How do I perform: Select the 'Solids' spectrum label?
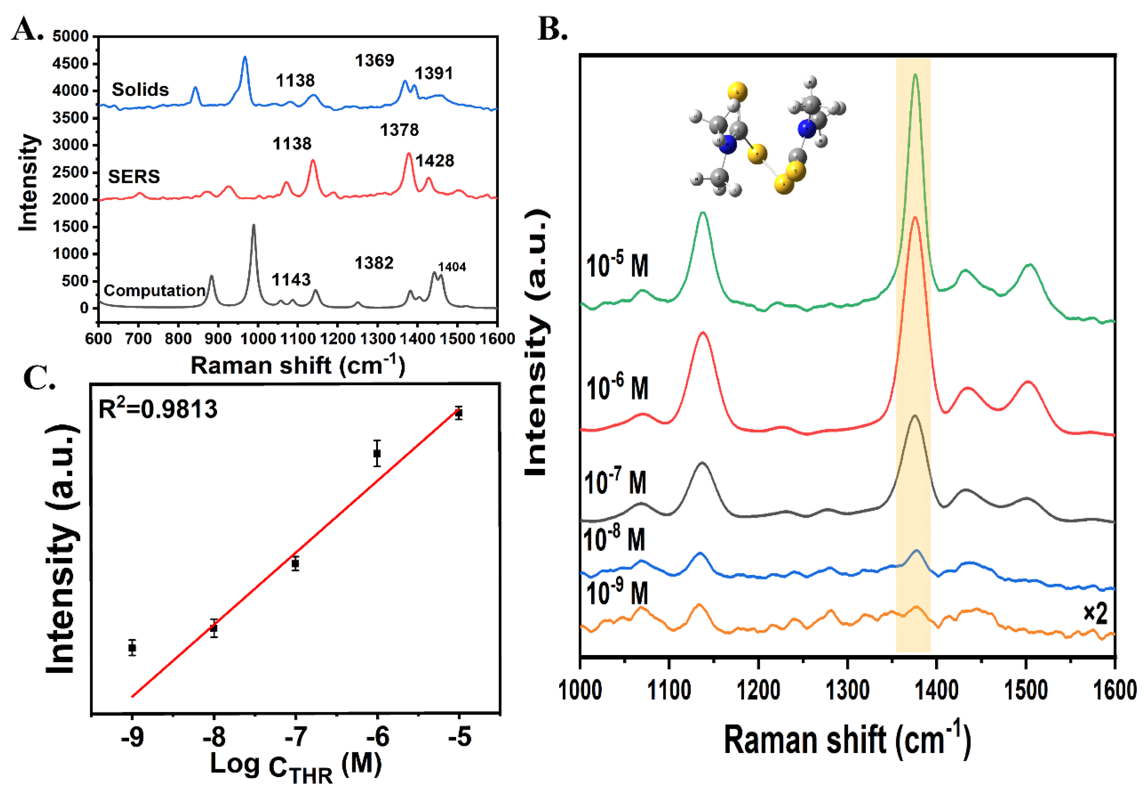click(140, 90)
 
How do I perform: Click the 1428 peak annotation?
click(435, 161)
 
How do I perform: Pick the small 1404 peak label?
click(452, 267)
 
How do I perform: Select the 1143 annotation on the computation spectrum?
click(291, 279)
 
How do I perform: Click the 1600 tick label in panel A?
click(497, 339)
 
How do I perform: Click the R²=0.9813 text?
click(158, 409)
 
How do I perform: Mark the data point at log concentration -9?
click(132, 648)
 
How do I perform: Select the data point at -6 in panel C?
click(377, 453)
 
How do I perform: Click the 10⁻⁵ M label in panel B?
click(617, 266)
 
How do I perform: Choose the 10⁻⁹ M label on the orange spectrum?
click(617, 593)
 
